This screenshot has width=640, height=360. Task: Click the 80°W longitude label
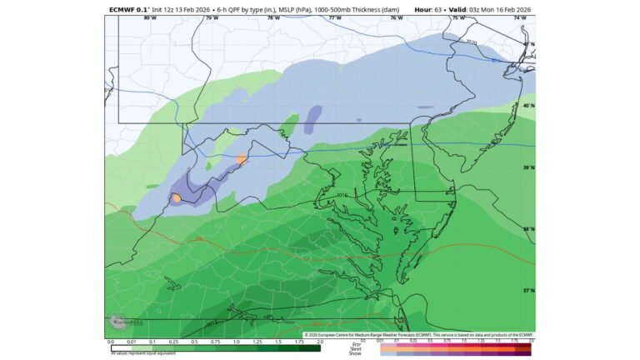pyautogui.click(x=150, y=17)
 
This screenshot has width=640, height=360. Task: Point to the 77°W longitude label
pyautogui.click(x=335, y=17)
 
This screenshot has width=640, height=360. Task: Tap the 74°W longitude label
pyautogui.click(x=519, y=17)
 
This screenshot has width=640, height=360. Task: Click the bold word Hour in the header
pyautogui.click(x=422, y=10)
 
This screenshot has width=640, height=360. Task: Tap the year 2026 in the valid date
pyautogui.click(x=522, y=10)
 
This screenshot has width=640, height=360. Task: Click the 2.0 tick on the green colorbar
pyautogui.click(x=320, y=342)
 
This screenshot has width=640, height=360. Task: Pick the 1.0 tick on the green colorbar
pyautogui.click(x=237, y=342)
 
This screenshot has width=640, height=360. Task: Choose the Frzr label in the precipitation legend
pyautogui.click(x=357, y=343)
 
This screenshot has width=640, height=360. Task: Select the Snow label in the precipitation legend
pyautogui.click(x=356, y=353)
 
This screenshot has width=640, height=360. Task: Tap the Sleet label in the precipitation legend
pyautogui.click(x=356, y=348)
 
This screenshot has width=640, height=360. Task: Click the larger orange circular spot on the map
pyautogui.click(x=177, y=198)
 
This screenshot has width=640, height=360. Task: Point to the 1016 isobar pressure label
pyautogui.click(x=341, y=197)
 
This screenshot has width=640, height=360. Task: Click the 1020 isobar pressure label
pyautogui.click(x=472, y=42)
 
